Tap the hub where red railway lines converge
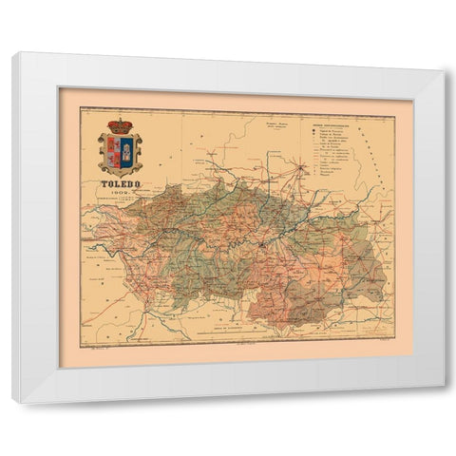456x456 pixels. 302,168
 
